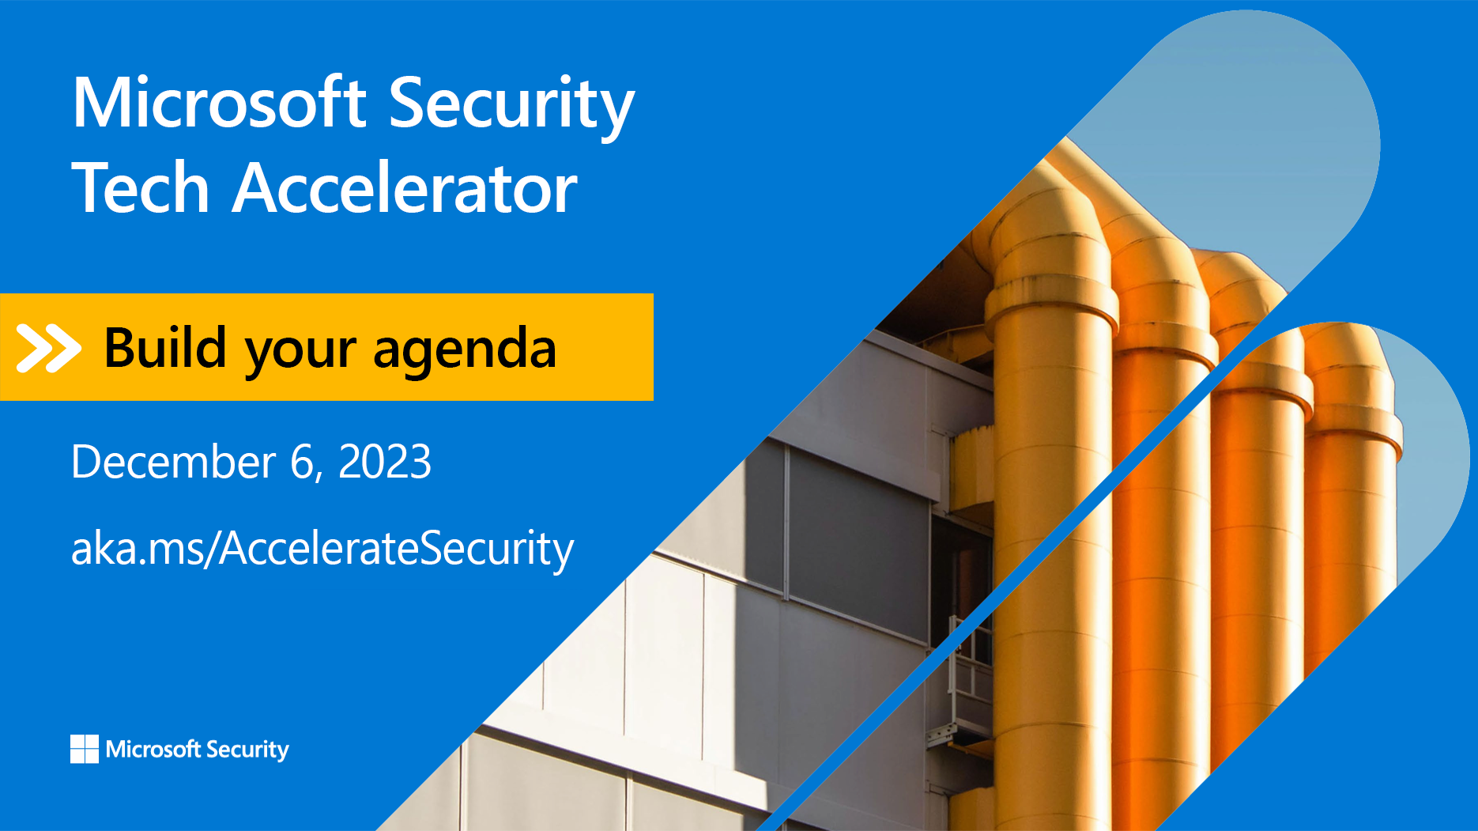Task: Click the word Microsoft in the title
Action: [219, 103]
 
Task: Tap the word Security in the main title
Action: [511, 104]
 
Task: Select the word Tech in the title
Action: [141, 188]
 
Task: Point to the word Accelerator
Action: [405, 188]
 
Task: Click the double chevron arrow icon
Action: [48, 348]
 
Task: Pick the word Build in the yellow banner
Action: [165, 348]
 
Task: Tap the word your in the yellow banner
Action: [300, 351]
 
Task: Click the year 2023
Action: [385, 462]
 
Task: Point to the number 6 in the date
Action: [303, 462]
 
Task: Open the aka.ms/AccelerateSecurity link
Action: [322, 549]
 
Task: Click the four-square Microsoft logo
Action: [85, 749]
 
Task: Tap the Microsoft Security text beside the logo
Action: [198, 750]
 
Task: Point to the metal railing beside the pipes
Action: [968, 672]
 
